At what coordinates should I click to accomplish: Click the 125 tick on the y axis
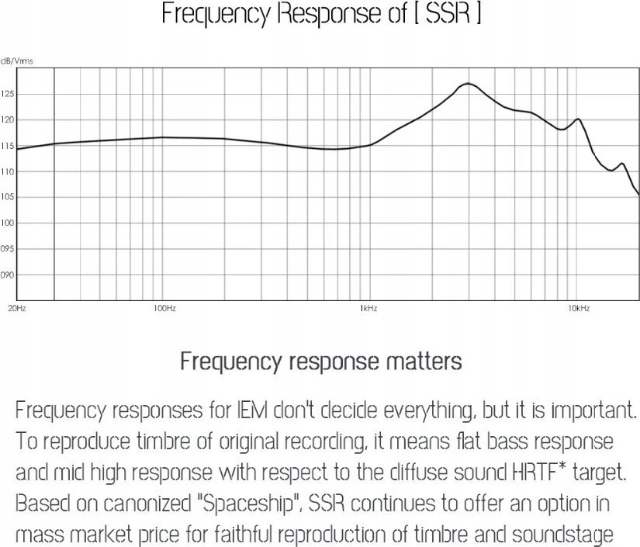pyautogui.click(x=7, y=94)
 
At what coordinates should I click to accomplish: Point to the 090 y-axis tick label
pyautogui.click(x=7, y=275)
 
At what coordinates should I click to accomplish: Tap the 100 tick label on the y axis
pyautogui.click(x=7, y=223)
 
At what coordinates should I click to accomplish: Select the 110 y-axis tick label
pyautogui.click(x=7, y=171)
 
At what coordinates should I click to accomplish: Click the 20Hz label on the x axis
pyautogui.click(x=16, y=309)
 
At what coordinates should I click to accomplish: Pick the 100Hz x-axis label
pyautogui.click(x=165, y=309)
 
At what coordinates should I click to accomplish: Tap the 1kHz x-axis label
pyautogui.click(x=368, y=309)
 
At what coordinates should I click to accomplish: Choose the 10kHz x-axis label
pyautogui.click(x=579, y=309)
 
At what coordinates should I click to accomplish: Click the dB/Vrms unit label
pyautogui.click(x=16, y=61)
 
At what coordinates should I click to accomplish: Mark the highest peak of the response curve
pyautogui.click(x=467, y=83)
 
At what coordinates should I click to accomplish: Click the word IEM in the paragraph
pyautogui.click(x=233, y=409)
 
